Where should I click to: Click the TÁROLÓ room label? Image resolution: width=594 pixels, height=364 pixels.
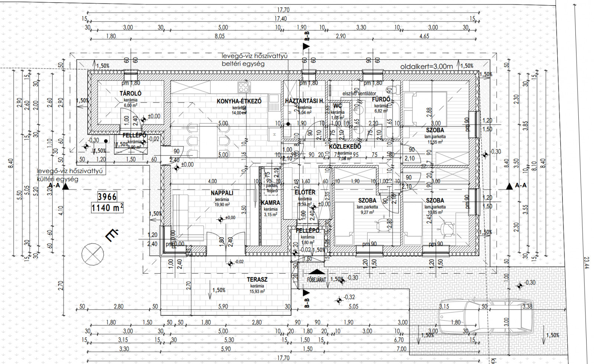tap(130, 94)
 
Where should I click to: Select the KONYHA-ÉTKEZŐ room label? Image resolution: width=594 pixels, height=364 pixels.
tap(239, 101)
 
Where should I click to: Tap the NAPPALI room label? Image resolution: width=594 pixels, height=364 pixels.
tap(222, 193)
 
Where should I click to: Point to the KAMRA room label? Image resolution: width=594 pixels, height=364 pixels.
tap(270, 203)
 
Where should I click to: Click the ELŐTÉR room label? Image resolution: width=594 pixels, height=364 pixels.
tap(305, 192)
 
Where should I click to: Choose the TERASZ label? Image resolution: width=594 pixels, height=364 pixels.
tap(257, 279)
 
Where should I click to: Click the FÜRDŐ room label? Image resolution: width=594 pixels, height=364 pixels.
tap(381, 99)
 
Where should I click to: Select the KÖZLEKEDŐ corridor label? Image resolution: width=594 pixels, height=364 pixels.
tap(345, 147)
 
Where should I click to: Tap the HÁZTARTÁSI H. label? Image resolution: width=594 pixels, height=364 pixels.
tap(304, 101)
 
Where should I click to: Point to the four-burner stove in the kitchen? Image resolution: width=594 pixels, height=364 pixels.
tap(244, 87)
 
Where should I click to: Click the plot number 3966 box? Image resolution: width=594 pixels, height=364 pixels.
tap(107, 196)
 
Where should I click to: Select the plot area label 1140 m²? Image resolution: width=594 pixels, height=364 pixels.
tap(107, 208)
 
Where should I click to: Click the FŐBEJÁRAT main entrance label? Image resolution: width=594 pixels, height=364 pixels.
tap(316, 280)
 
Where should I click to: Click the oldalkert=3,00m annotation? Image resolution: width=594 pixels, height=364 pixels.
tap(427, 66)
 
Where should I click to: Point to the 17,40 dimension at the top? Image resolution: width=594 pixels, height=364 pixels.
tap(281, 19)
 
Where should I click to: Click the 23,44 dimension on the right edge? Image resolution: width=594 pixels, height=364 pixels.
tap(586, 263)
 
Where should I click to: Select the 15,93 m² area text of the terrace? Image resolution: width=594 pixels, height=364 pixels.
tap(257, 292)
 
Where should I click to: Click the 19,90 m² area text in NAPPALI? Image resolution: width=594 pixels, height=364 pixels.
tap(222, 205)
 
